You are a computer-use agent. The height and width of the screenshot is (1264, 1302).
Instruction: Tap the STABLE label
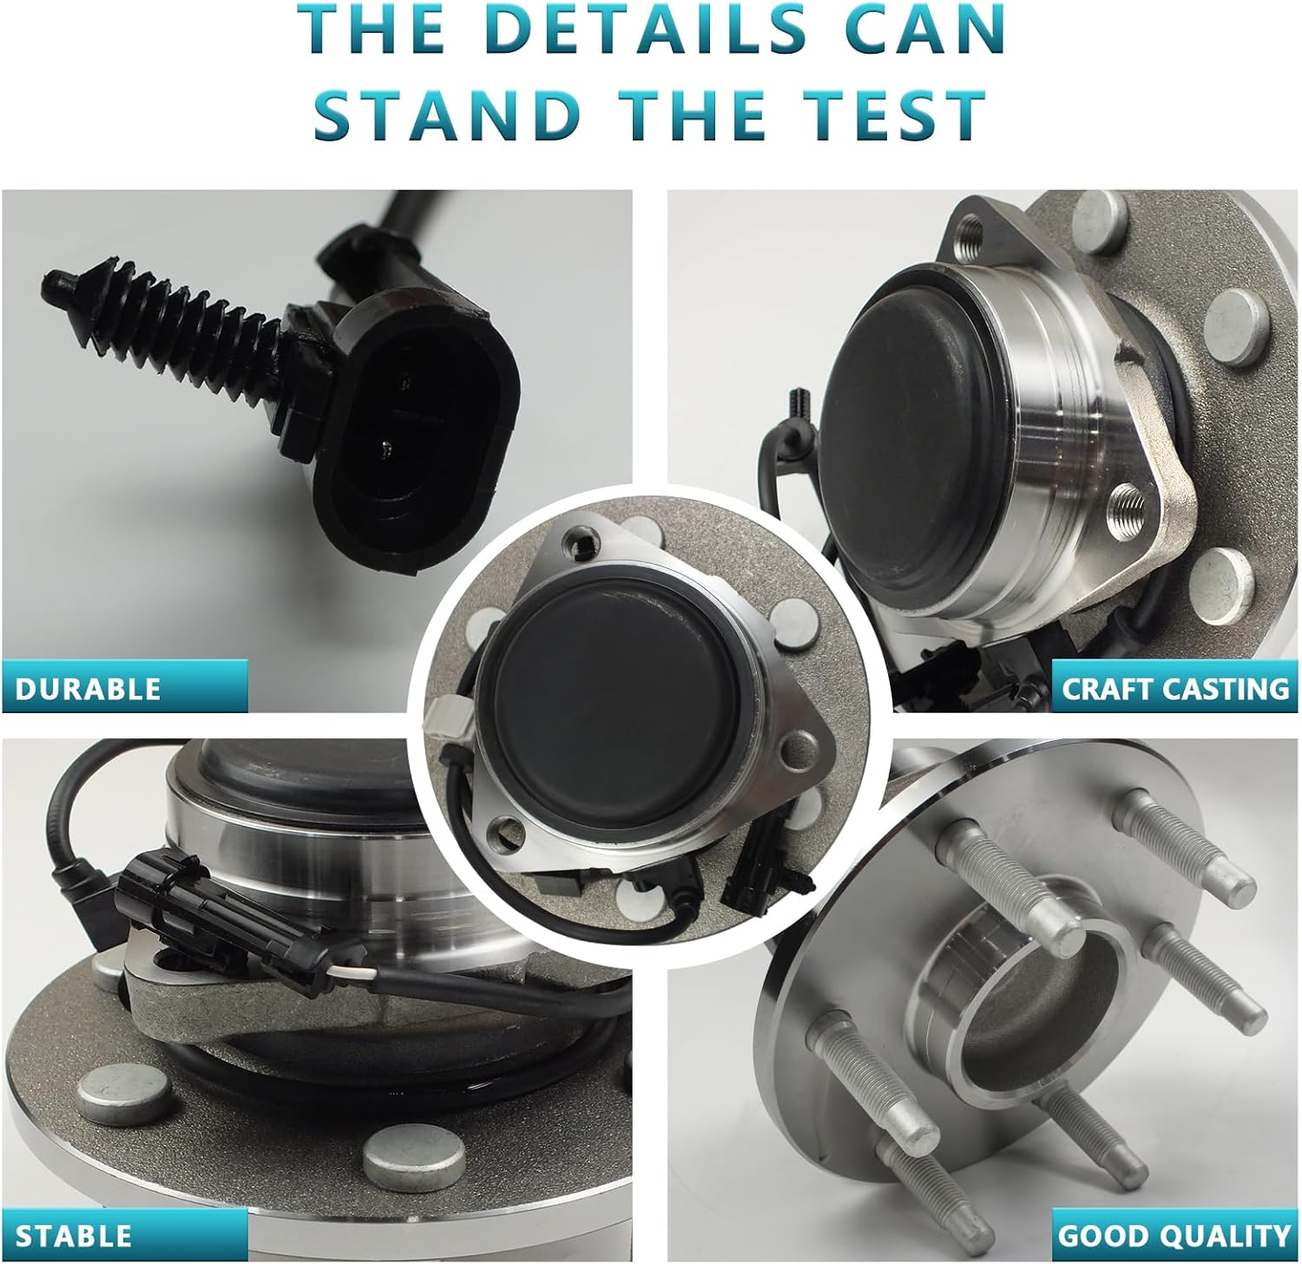tap(75, 1235)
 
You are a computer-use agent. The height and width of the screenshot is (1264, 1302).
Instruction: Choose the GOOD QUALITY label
tap(1174, 1235)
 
